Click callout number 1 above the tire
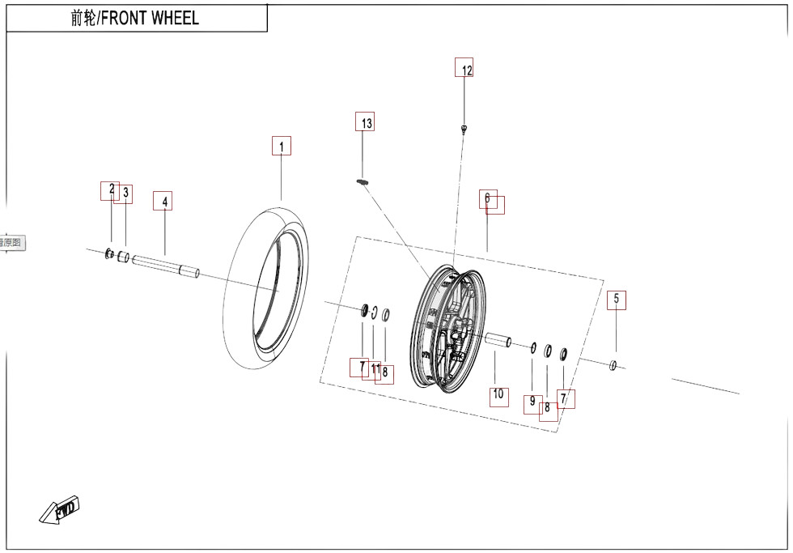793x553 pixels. click(282, 147)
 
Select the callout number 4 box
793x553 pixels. click(163, 201)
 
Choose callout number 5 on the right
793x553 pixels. click(617, 300)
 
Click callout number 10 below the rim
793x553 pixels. click(498, 395)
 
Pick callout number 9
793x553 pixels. click(532, 401)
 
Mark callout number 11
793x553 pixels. click(375, 369)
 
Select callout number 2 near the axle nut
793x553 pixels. click(111, 189)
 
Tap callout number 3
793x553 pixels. click(125, 193)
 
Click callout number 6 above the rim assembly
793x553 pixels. click(488, 198)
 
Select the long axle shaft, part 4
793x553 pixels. click(165, 266)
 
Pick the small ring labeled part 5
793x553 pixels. click(613, 366)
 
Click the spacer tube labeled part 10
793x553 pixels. click(497, 341)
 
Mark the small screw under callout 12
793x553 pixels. click(464, 128)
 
